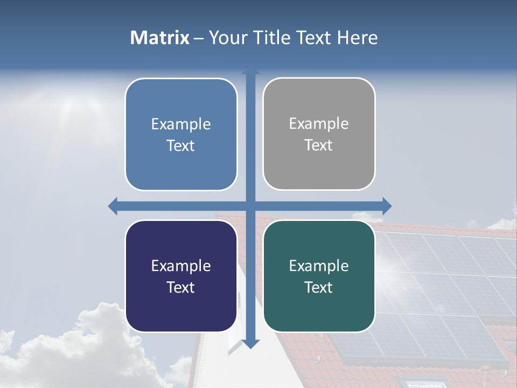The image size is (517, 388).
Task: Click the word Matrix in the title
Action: tap(159, 38)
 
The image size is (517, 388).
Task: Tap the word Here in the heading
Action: tap(357, 38)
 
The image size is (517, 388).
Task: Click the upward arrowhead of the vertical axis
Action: tap(250, 71)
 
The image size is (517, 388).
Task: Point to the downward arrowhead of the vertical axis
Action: tap(250, 344)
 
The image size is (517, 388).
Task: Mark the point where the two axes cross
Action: tap(250, 206)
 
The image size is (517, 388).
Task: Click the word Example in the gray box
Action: tap(319, 124)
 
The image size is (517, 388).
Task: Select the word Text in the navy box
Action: tap(181, 287)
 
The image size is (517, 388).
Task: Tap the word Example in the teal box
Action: tap(319, 266)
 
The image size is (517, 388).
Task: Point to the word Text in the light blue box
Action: tap(181, 145)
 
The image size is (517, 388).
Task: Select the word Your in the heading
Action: tap(226, 38)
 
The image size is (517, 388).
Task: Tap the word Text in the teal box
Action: tap(319, 287)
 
